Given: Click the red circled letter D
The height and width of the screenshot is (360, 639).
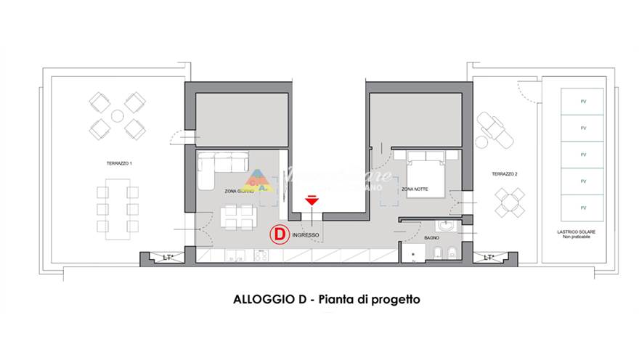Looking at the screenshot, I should (x=278, y=234).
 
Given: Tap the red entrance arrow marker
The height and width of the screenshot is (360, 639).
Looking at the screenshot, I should (x=312, y=200).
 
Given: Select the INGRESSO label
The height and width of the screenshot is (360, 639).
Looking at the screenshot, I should (x=306, y=235).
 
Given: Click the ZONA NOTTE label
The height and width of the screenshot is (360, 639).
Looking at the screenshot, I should (x=414, y=189).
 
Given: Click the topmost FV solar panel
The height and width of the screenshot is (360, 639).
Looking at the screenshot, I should (x=582, y=102).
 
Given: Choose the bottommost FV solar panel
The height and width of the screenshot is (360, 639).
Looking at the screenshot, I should (x=582, y=208).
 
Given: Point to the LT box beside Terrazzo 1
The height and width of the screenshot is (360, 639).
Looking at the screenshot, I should (x=167, y=257).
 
